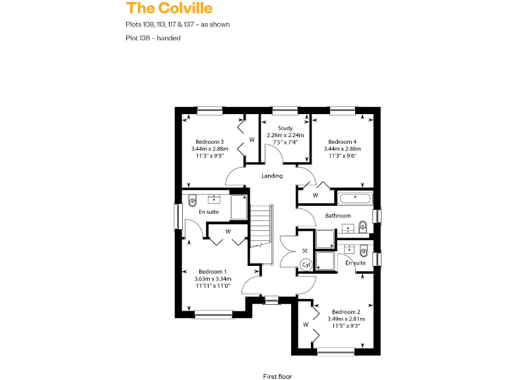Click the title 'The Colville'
pyautogui.click(x=169, y=8)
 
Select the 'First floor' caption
pyautogui.click(x=277, y=375)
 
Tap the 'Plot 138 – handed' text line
pyautogui.click(x=153, y=38)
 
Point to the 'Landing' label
pyautogui.click(x=272, y=175)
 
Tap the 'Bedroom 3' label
pyautogui.click(x=209, y=142)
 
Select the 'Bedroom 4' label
pyautogui.click(x=342, y=142)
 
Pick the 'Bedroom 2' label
pyautogui.click(x=345, y=312)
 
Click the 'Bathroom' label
pyautogui.click(x=337, y=216)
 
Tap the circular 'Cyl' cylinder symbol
pyautogui.click(x=306, y=265)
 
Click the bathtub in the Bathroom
pyautogui.click(x=355, y=197)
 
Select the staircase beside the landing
pyautogui.click(x=262, y=225)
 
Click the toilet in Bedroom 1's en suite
pyautogui.click(x=192, y=201)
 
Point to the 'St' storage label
pyautogui.click(x=305, y=251)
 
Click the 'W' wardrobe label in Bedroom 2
pyautogui.click(x=306, y=325)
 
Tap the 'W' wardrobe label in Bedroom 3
pyautogui.click(x=252, y=139)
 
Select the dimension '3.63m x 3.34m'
pyautogui.click(x=213, y=279)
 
